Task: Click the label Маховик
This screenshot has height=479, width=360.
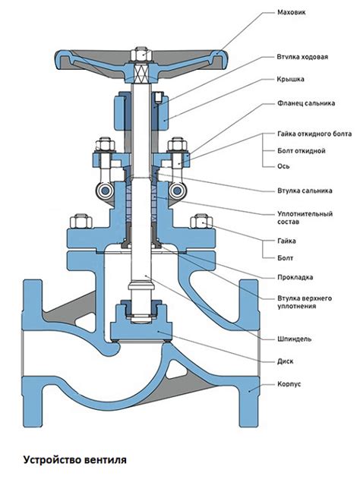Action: coord(291,12)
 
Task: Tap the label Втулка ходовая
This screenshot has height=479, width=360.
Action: coord(302,57)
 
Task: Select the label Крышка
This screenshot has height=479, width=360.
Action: coord(291,79)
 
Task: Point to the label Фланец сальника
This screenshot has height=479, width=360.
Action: coord(306,103)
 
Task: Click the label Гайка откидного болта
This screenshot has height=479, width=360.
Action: coord(314,134)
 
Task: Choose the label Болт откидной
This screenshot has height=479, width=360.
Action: coord(302,150)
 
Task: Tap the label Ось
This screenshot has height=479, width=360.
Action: coord(283,166)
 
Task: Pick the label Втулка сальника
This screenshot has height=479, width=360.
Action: coord(305,191)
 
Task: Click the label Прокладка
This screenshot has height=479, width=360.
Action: coord(295,277)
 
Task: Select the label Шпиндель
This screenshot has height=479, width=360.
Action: coord(294,339)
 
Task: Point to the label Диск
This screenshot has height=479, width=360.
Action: coord(285,361)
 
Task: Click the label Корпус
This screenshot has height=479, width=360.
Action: coord(289,384)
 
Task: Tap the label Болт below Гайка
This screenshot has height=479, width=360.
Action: coord(285,258)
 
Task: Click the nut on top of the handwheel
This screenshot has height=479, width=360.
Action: coord(140,54)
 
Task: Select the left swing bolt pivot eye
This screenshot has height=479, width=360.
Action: coord(105,191)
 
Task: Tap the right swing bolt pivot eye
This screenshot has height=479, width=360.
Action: coord(176,191)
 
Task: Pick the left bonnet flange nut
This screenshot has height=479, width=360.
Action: coord(81,221)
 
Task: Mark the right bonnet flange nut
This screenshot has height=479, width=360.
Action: coord(201,221)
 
